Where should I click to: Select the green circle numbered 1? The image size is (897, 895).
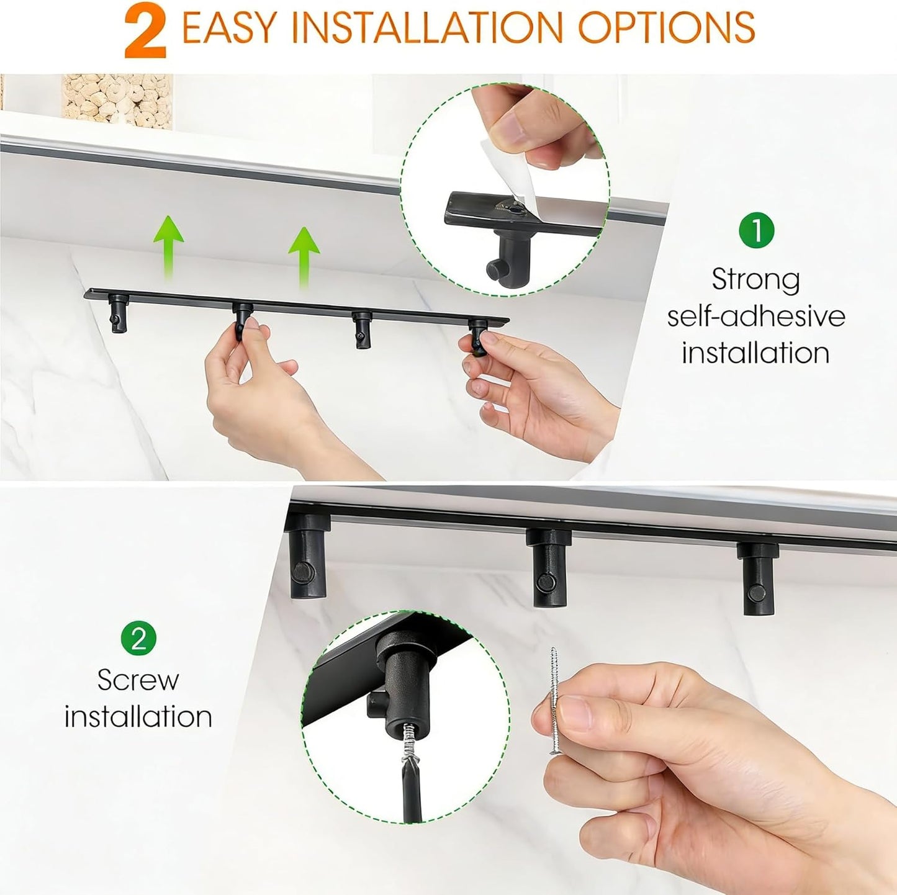coord(757,230)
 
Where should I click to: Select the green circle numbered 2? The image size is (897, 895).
coord(138,637)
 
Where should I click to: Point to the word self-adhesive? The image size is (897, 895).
coord(756,317)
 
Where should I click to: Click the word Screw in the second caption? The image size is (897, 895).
coord(138,680)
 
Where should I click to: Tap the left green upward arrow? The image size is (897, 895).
coord(168,248)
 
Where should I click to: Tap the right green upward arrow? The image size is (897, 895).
coord(304,258)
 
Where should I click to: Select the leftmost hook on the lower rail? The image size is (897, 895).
coord(307,554)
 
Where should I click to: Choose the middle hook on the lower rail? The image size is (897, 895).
coord(548,568)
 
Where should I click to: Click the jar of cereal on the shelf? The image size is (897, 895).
coord(117,101)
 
